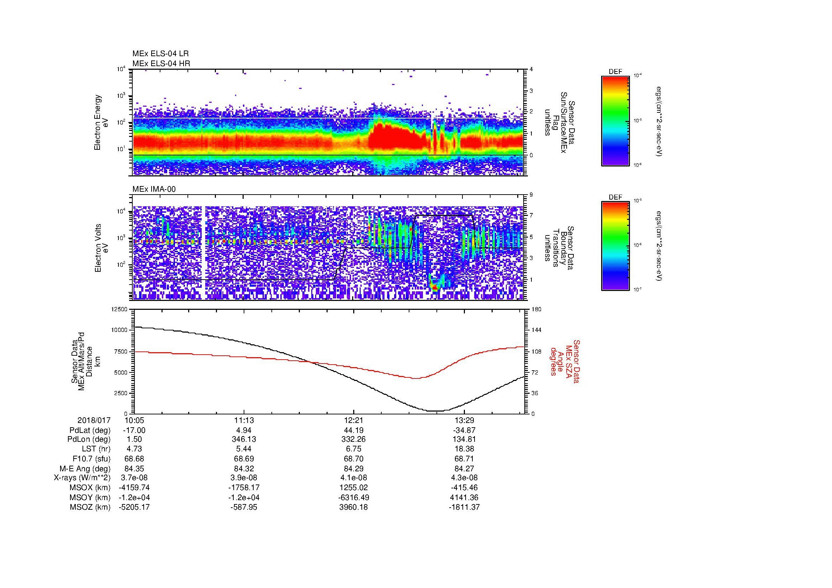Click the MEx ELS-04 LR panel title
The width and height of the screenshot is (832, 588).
pos(160,54)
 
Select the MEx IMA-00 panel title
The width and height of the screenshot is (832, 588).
pos(154,189)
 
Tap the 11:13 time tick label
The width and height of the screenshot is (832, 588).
pos(244,420)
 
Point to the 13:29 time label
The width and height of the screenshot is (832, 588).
pos(464,420)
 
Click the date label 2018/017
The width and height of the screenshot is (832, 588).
pos(94,420)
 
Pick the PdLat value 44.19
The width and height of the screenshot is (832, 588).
pos(353,430)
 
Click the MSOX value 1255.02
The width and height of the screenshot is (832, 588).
pos(353,488)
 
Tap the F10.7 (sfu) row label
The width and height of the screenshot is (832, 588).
pos(91,459)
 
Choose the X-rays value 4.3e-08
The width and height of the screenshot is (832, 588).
pos(464,478)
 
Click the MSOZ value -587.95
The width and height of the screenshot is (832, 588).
pos(244,507)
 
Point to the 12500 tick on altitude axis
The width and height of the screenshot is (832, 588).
pos(120,309)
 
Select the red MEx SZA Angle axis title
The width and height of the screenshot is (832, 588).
pos(565,361)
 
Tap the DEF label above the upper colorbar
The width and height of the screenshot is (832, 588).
pos(615,72)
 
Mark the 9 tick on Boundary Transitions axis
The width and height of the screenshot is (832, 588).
pos(531,195)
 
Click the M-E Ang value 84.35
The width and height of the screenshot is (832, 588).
pos(134,469)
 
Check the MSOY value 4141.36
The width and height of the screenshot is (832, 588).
pos(464,497)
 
